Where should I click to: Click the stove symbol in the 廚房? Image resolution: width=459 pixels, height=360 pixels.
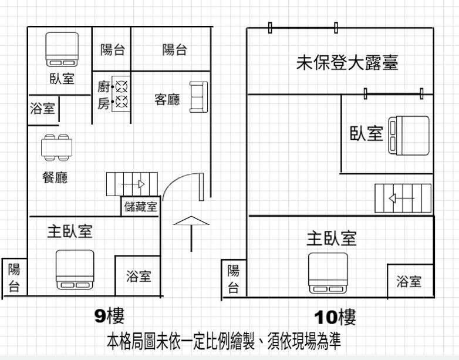point(120,95)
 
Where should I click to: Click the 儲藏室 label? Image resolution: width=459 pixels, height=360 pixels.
point(141,207)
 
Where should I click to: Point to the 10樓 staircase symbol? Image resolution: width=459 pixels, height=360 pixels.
point(403,198)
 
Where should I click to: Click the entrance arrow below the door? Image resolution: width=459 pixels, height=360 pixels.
point(191,232)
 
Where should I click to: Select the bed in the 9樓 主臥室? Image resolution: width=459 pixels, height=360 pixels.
point(75,270)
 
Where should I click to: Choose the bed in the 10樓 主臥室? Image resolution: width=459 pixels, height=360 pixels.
point(328,272)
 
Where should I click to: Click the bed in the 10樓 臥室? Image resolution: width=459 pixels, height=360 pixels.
point(410,135)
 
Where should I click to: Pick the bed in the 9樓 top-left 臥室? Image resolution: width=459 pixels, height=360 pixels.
point(62,49)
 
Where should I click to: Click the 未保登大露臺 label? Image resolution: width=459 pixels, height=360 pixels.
point(347,63)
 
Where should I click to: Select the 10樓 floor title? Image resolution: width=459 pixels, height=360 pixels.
point(335,318)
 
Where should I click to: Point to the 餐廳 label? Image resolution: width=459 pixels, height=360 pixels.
point(55,177)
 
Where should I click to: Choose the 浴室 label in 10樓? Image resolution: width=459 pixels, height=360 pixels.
point(409,282)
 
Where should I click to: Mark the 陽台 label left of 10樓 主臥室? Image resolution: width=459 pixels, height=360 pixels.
point(233,279)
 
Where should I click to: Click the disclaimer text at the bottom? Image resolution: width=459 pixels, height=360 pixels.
point(223,341)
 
